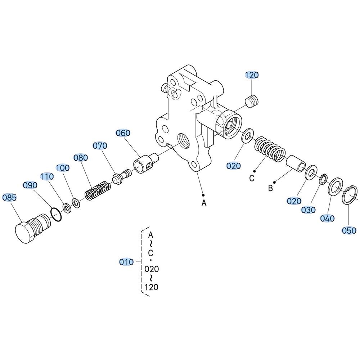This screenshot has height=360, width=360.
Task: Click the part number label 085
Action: [9, 197]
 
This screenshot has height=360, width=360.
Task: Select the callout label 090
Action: [30, 185]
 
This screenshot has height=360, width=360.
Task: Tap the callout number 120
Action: [252, 75]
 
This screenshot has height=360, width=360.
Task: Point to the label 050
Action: [349, 230]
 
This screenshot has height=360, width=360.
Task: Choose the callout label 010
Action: [126, 262]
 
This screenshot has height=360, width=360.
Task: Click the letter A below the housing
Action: [204, 203]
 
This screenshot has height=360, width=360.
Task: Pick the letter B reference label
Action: [270, 188]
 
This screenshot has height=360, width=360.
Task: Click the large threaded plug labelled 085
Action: [33, 228]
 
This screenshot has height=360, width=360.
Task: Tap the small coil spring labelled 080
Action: [96, 190]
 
